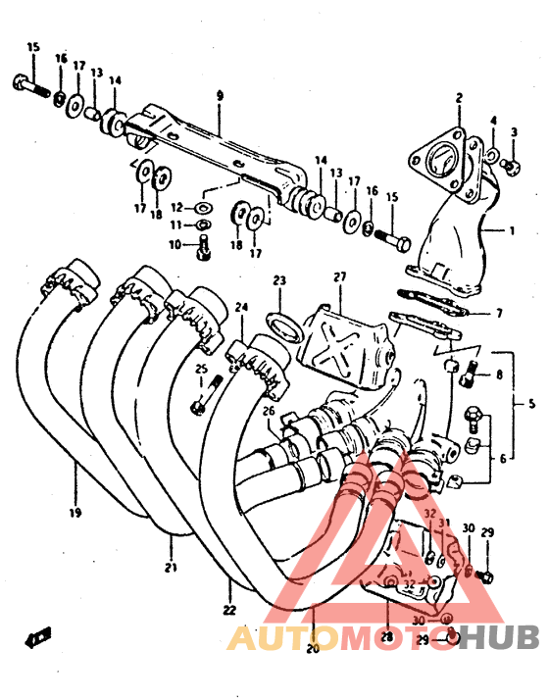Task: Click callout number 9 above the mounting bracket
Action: (x=220, y=95)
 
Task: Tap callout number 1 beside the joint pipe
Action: (x=511, y=230)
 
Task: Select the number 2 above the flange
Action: (x=457, y=97)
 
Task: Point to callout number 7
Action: (x=499, y=313)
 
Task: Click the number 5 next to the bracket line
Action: (x=532, y=402)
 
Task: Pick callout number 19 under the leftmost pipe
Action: (x=75, y=512)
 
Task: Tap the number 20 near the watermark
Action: (x=314, y=648)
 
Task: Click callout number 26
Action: (x=268, y=411)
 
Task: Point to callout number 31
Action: (x=443, y=524)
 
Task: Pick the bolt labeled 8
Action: (x=475, y=373)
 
